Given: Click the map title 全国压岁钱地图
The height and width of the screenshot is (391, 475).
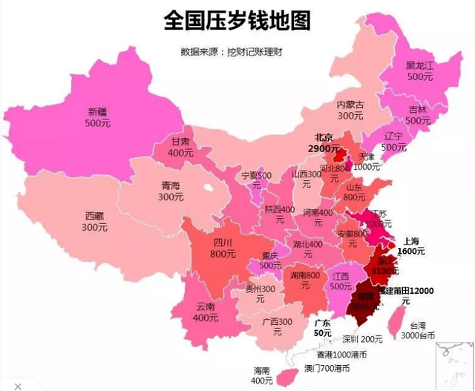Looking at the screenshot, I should pyautogui.click(x=237, y=20).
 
